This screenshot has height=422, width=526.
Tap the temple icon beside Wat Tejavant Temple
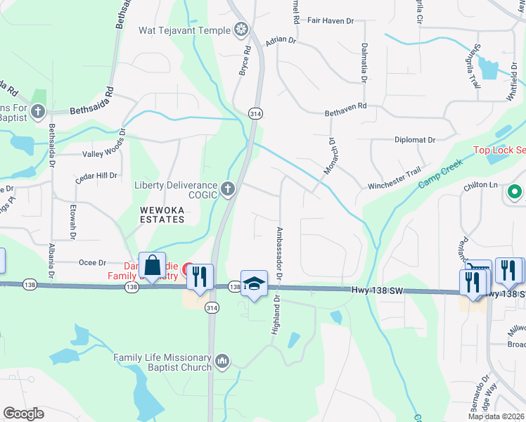(x=241, y=30)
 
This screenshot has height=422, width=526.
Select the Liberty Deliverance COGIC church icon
(x=227, y=188)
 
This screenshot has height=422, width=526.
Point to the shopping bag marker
(x=152, y=265)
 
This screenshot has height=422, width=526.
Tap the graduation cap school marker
(x=254, y=283)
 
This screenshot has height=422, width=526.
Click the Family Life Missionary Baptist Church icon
(x=222, y=361)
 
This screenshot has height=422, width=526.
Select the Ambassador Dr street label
(x=279, y=254)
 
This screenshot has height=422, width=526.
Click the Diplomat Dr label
(x=415, y=140)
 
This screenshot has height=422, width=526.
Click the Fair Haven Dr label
(x=330, y=21)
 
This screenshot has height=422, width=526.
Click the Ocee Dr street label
(x=92, y=262)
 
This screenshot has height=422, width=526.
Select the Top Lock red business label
(x=499, y=150)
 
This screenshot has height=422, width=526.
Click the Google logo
(x=24, y=414)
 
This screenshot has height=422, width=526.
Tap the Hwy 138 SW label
(x=377, y=290)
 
